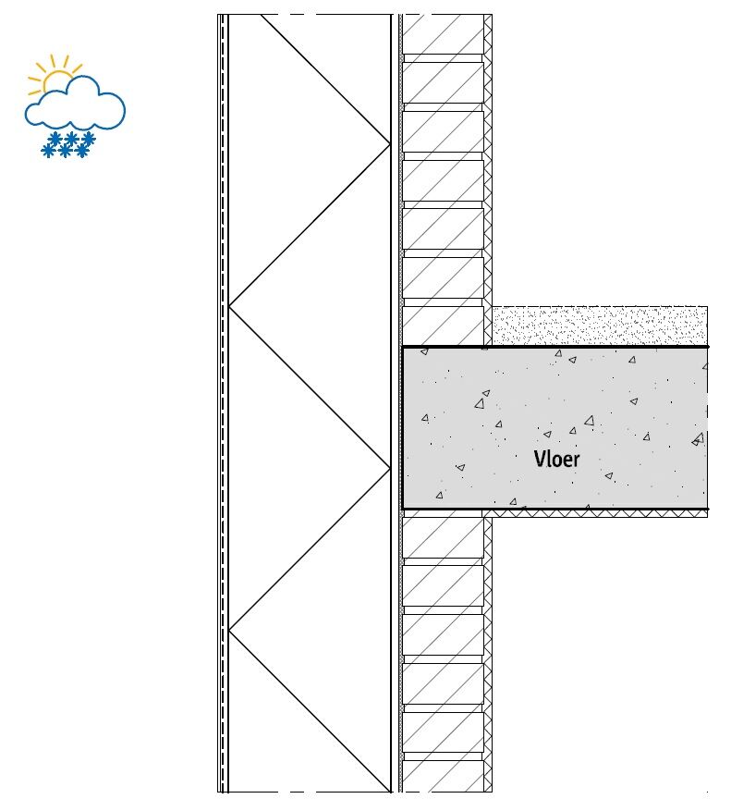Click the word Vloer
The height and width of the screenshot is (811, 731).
pos(556,459)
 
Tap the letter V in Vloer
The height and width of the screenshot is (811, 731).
pos(539,459)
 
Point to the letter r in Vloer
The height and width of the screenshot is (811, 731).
pos(576,461)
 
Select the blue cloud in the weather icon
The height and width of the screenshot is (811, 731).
pos(75,103)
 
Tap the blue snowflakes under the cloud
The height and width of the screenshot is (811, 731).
pos(68,144)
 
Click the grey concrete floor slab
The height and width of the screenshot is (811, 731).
pos(555,428)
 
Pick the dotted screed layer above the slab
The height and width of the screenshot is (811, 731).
pos(600,326)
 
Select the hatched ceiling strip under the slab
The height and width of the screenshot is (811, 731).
pos(594,513)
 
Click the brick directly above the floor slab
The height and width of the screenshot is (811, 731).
pos(443,326)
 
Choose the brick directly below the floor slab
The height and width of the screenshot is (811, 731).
pos(443,538)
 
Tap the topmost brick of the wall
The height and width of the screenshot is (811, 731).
pos(443,34)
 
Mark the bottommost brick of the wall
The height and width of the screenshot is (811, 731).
pos(443,776)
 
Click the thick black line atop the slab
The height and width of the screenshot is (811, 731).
pos(555,347)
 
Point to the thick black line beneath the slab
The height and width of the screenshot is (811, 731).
pos(555,509)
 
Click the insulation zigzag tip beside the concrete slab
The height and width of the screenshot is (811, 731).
pos(390,468)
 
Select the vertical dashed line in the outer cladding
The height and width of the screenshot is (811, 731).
pos(223,403)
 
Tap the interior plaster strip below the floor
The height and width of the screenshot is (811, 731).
pos(488,655)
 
